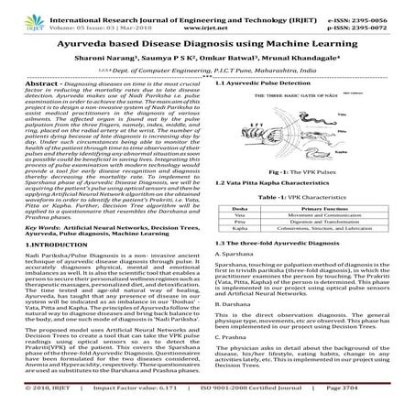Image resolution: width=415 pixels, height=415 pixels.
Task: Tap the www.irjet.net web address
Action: (x=207, y=18)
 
